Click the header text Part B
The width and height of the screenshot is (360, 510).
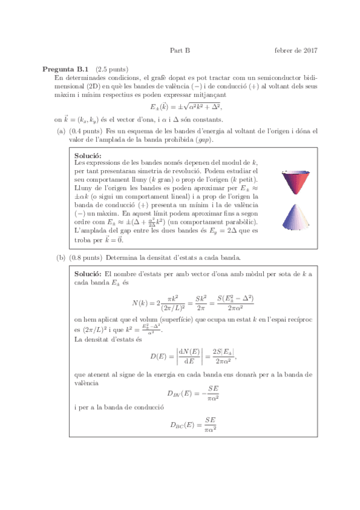180,51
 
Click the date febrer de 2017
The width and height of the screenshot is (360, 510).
296,51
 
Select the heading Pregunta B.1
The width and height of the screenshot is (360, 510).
66,69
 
